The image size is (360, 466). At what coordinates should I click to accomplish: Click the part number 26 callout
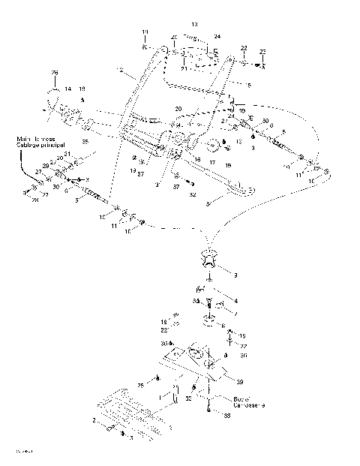(x=54, y=72)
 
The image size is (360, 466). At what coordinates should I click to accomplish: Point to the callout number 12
(x=121, y=70)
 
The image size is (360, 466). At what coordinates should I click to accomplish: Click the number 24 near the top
(x=217, y=36)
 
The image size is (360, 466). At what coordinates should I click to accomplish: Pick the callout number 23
(x=262, y=51)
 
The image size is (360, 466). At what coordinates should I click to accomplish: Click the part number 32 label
(x=193, y=194)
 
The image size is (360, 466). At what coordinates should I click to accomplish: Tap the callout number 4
(x=237, y=301)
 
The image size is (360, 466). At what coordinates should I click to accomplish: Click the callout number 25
(x=140, y=385)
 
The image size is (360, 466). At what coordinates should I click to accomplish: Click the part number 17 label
(x=212, y=162)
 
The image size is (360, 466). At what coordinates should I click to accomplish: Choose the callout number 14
(x=67, y=89)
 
